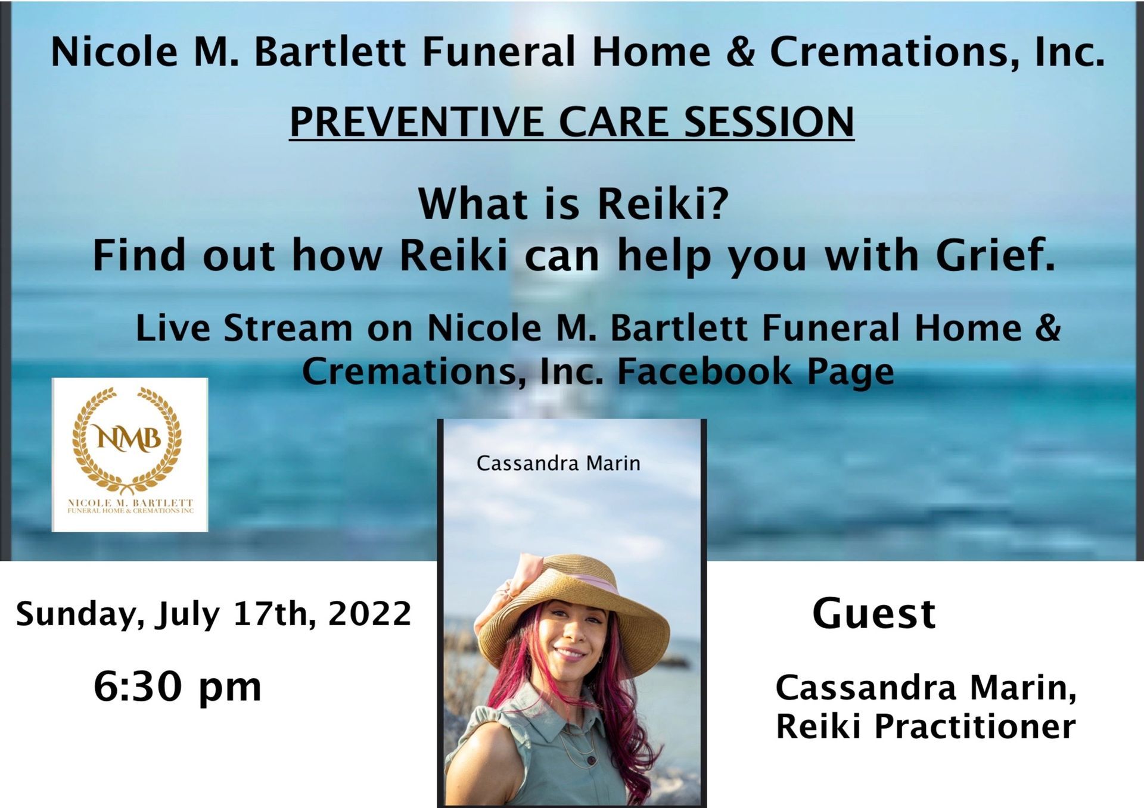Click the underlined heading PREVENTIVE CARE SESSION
(x=572, y=122)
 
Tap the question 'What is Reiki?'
(x=573, y=204)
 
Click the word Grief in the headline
(x=994, y=255)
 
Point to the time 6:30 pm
(x=178, y=687)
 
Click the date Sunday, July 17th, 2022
(x=213, y=614)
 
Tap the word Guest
(x=874, y=613)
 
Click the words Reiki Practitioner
(x=925, y=726)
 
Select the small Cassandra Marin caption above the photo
(x=558, y=463)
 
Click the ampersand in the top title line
(x=740, y=52)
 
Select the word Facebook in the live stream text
(x=704, y=372)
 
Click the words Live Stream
(x=244, y=328)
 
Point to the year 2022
(x=369, y=614)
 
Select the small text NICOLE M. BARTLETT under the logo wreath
(x=130, y=503)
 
